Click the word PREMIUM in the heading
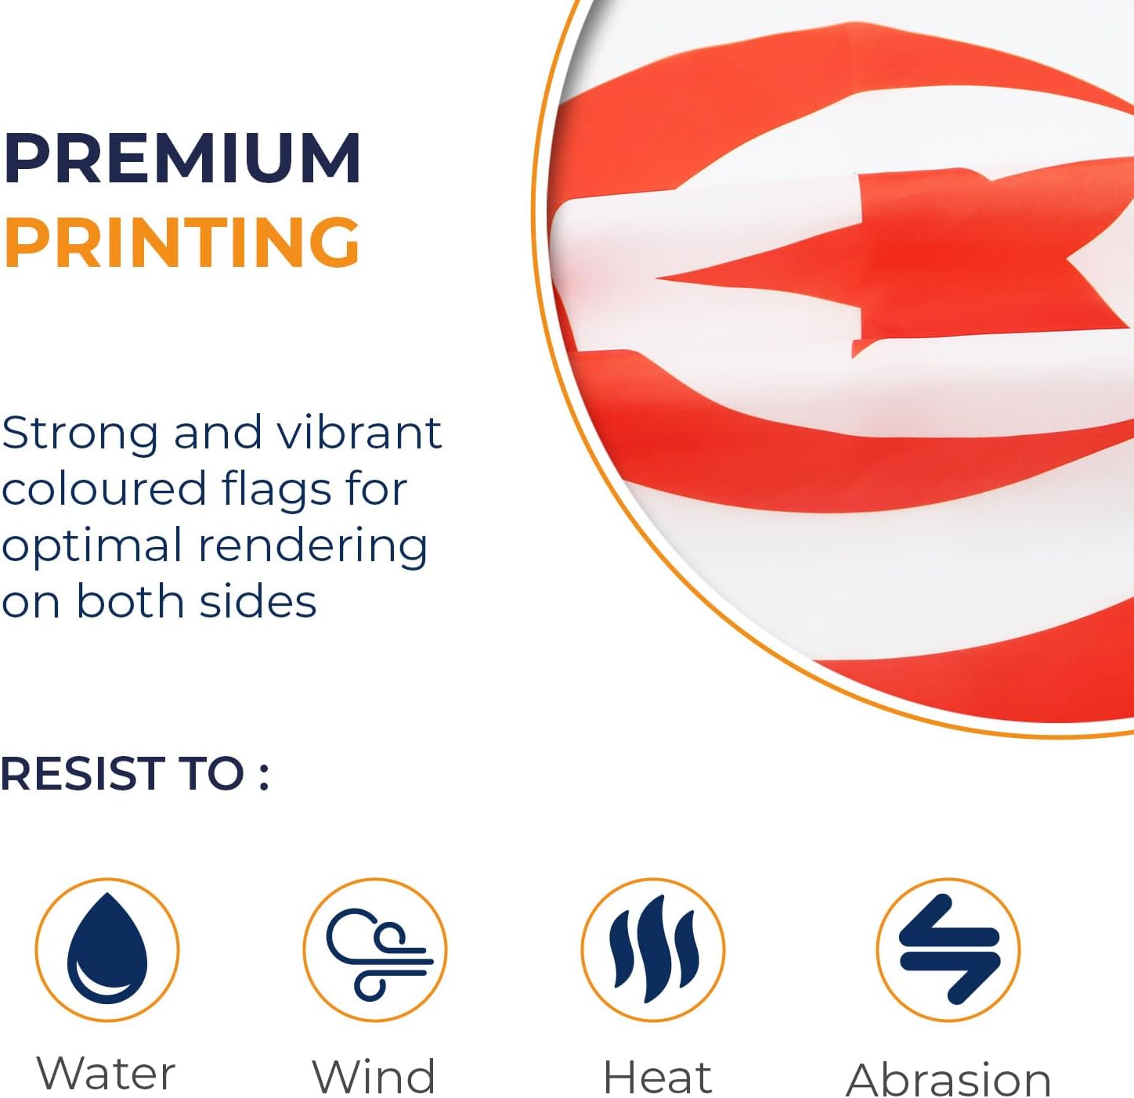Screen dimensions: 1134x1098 [x=181, y=158]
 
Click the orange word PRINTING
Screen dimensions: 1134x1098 [x=181, y=242]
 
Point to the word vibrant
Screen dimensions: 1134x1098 [x=359, y=433]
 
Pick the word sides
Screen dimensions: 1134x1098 [x=258, y=601]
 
